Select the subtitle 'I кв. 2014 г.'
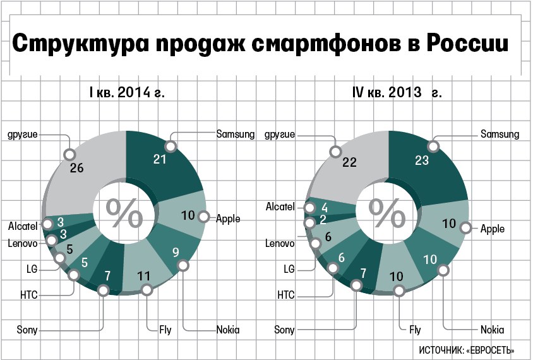pyautogui.click(x=127, y=93)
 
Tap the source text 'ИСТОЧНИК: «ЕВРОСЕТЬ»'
pyautogui.click(x=466, y=350)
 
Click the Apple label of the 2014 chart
pyautogui.click(x=228, y=219)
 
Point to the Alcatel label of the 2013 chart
pyautogui.click(x=280, y=207)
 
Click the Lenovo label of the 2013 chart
pyautogui.click(x=280, y=243)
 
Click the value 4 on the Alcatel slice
pyautogui.click(x=325, y=207)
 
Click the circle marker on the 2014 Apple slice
pyautogui.click(x=203, y=216)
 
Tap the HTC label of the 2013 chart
pyautogui.click(x=286, y=294)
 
